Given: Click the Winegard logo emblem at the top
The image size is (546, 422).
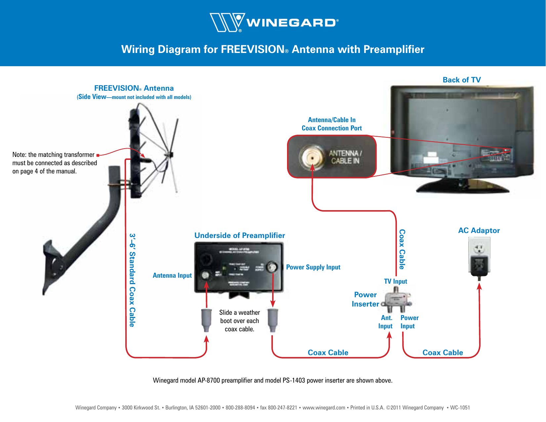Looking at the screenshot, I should pyautogui.click(x=228, y=23).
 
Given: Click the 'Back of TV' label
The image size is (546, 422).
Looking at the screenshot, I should pyautogui.click(x=461, y=80).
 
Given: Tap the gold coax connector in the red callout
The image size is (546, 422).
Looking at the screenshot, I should pyautogui.click(x=312, y=158).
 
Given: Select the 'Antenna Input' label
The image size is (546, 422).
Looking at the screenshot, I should pyautogui.click(x=172, y=275).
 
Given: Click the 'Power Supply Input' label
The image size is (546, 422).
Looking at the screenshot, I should pyautogui.click(x=313, y=267).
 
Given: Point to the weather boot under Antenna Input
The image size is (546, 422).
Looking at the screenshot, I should pyautogui.click(x=206, y=320).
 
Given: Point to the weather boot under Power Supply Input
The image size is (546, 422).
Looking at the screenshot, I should pyautogui.click(x=273, y=320).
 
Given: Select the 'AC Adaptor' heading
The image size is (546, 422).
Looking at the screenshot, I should pyautogui.click(x=479, y=230).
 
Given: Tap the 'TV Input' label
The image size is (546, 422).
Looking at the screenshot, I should pyautogui.click(x=395, y=281).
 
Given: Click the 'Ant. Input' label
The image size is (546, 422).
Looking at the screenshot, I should pyautogui.click(x=386, y=322).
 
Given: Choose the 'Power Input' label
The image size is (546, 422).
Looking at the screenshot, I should pyautogui.click(x=409, y=322).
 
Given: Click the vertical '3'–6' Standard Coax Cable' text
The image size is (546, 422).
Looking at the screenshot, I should pyautogui.click(x=132, y=280).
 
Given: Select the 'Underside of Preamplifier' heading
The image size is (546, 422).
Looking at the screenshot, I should pyautogui.click(x=239, y=235).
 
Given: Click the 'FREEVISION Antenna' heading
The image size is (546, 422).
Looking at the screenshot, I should pyautogui.click(x=134, y=88).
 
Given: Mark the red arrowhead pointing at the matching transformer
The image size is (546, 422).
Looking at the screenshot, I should pyautogui.click(x=143, y=155).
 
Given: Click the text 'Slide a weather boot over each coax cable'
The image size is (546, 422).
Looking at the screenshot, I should pyautogui.click(x=239, y=321).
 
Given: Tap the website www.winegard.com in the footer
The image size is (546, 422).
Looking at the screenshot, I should pyautogui.click(x=323, y=407).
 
